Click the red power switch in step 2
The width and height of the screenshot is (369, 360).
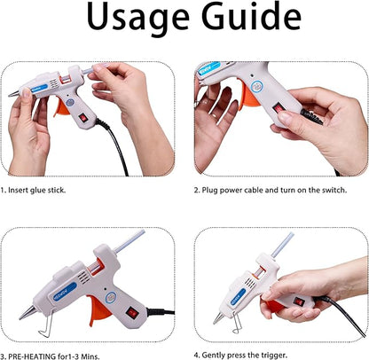click(x=279, y=107)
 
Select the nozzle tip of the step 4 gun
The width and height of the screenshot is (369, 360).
click(x=216, y=317)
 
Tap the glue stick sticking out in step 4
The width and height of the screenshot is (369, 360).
click(x=282, y=246)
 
